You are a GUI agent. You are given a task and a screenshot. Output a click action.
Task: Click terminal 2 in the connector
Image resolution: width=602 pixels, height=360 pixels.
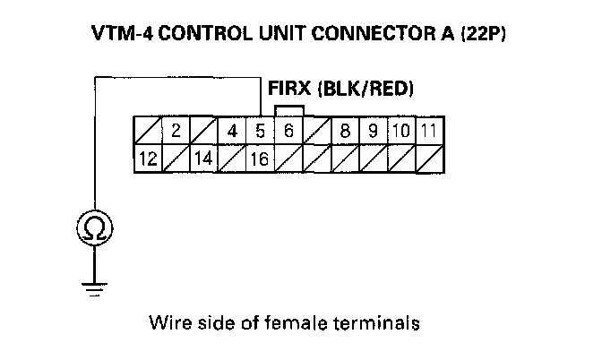tap(176, 130)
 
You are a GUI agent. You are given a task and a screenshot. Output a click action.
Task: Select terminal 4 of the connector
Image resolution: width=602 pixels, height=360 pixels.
tap(232, 130)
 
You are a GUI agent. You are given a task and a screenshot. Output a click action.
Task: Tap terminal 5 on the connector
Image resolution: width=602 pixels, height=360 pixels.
tap(260, 130)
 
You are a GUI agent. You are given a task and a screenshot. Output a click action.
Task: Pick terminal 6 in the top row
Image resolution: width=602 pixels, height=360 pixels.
tap(288, 130)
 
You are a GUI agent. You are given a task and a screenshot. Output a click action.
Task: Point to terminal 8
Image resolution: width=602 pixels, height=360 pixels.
tap(344, 130)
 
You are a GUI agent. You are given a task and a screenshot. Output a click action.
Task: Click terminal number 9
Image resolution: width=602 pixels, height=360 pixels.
tap(372, 130)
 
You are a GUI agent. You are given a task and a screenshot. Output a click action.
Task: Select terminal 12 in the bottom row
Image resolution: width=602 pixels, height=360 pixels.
tap(148, 159)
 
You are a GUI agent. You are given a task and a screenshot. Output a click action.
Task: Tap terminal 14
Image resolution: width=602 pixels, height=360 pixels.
tap(204, 159)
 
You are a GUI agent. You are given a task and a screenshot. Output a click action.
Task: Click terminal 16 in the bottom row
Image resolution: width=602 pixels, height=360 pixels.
tap(260, 159)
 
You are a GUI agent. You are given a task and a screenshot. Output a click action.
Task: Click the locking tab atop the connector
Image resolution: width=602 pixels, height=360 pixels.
tap(290, 110)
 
